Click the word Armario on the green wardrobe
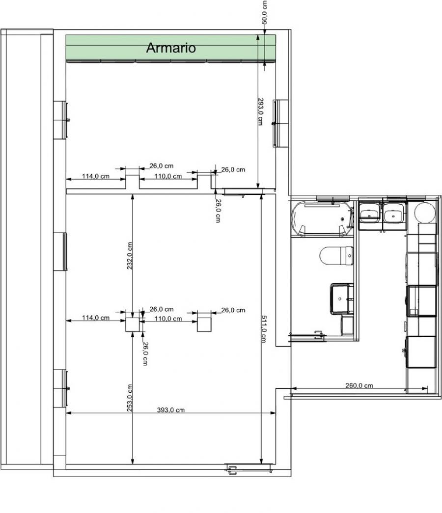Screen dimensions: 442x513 tap(170, 48)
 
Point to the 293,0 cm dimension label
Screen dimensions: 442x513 tap(260, 111)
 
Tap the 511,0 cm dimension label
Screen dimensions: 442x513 tap(264, 329)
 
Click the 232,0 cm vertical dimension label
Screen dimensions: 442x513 tap(130, 256)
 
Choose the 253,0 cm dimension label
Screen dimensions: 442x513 tap(130, 398)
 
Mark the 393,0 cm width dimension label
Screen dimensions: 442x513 tap(170, 410)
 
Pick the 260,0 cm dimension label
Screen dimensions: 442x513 tap(359, 385)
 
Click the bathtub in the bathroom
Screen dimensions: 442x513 tap(323, 218)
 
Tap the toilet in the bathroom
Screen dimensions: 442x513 tap(336, 256)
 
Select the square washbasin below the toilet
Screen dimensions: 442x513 tap(342, 298)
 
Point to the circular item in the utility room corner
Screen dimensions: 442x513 tap(425, 213)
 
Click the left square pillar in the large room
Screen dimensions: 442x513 tap(133, 325)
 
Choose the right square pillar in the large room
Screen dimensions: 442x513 tap(204, 324)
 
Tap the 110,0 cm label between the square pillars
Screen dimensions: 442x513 tap(168, 319)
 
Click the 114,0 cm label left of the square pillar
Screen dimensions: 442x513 tap(96, 318)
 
